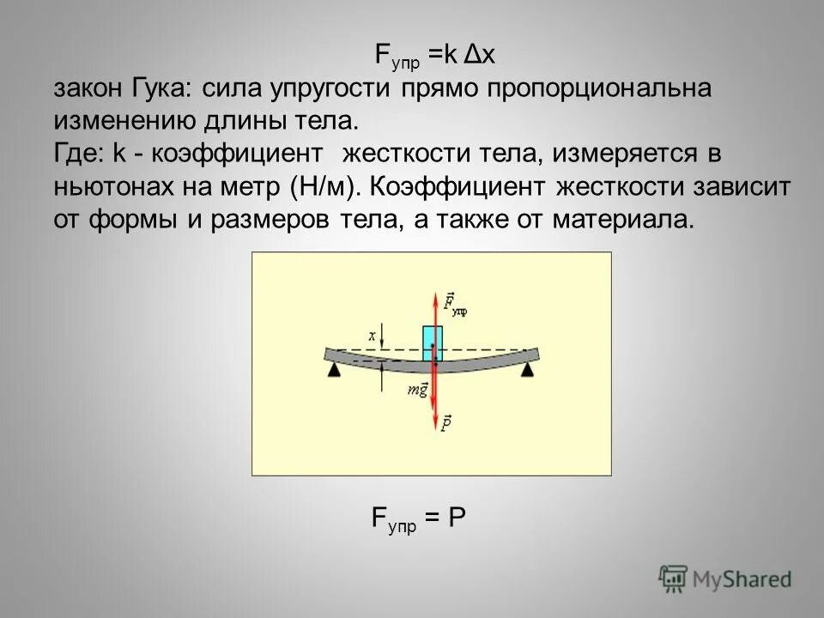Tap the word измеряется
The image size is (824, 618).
point(633,154)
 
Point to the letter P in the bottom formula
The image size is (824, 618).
point(456,518)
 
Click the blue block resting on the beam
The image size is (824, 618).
point(433,342)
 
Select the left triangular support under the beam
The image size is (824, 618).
point(332,369)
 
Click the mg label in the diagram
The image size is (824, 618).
point(418,391)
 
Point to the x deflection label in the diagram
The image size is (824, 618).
point(372,336)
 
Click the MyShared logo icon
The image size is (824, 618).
point(673,578)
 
